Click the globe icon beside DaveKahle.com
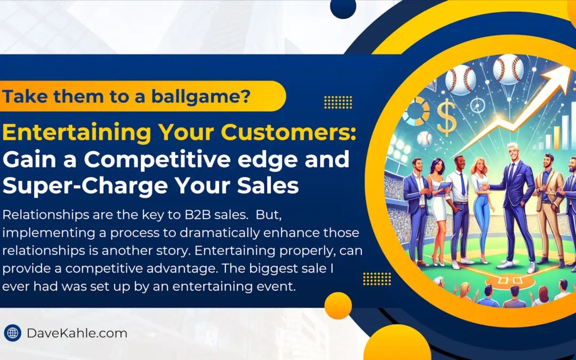coord(12,333)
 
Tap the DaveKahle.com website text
coord(77,333)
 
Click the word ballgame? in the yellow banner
coord(201,96)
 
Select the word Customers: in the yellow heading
coord(288,132)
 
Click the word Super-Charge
coord(85,186)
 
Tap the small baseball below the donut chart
coord(425,139)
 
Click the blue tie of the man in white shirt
coord(462,184)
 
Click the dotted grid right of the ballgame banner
coord(338,102)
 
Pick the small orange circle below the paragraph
coord(338,306)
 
